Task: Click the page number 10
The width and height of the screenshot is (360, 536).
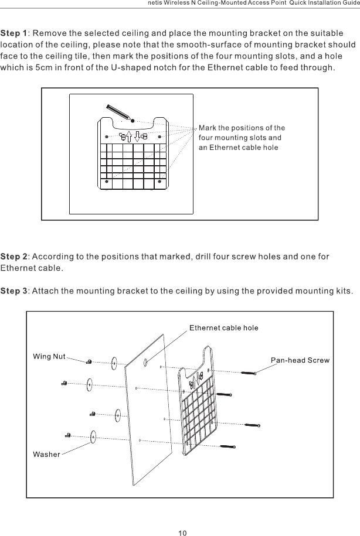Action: click(182, 532)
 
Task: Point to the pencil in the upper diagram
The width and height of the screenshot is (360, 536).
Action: click(116, 111)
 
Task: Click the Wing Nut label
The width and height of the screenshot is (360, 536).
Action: click(49, 356)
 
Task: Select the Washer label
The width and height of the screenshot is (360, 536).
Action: click(46, 455)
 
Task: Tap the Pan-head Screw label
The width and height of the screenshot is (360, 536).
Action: click(300, 359)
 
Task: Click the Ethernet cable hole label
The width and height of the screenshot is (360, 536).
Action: click(223, 327)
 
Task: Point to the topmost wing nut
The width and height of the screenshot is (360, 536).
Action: click(88, 361)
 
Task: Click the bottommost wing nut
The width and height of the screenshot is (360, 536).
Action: click(69, 435)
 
